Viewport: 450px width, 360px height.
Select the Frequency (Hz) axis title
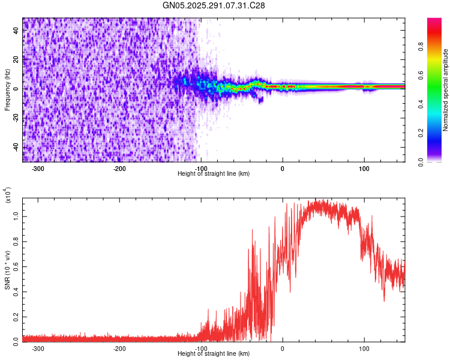(x=7, y=90)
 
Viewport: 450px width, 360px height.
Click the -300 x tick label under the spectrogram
(x=38, y=169)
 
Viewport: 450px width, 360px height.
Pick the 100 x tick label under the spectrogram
(x=364, y=169)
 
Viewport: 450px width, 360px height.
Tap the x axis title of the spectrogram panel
(x=214, y=174)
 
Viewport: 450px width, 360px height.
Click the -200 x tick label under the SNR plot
(x=119, y=348)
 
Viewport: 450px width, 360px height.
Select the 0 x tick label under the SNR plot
(x=283, y=348)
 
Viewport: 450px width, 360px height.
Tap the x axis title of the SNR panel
(x=214, y=353)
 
